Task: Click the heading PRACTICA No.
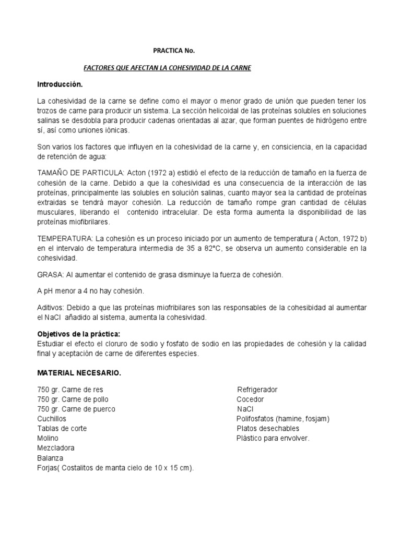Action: click(x=173, y=51)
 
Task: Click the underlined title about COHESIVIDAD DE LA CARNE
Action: click(x=168, y=68)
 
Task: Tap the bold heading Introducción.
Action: click(x=60, y=84)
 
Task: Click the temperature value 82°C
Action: click(x=212, y=248)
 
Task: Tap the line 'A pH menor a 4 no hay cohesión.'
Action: click(x=90, y=290)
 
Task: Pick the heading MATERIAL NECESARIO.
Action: click(x=78, y=373)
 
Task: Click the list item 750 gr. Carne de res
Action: click(x=74, y=390)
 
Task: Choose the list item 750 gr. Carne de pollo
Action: click(x=76, y=399)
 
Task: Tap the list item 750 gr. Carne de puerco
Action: click(x=76, y=409)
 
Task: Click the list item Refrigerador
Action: click(x=257, y=390)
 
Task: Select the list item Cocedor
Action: click(x=250, y=399)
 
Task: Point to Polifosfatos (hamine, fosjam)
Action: click(x=282, y=419)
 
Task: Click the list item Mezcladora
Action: click(x=56, y=448)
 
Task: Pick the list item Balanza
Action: click(x=50, y=458)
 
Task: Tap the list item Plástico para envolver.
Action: click(x=273, y=438)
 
